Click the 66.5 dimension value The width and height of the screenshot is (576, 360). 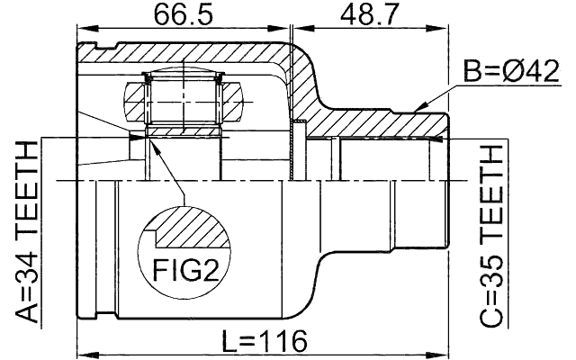[183, 15]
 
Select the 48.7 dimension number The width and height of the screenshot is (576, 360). [369, 15]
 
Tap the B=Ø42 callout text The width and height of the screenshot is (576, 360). [511, 71]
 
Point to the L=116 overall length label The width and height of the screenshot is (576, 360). [265, 341]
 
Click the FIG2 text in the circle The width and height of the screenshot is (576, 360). [185, 270]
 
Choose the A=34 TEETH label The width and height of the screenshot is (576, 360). [27, 232]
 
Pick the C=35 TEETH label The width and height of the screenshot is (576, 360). [491, 236]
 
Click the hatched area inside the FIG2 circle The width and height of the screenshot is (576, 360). [191, 228]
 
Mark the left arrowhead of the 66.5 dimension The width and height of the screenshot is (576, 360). [88, 28]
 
